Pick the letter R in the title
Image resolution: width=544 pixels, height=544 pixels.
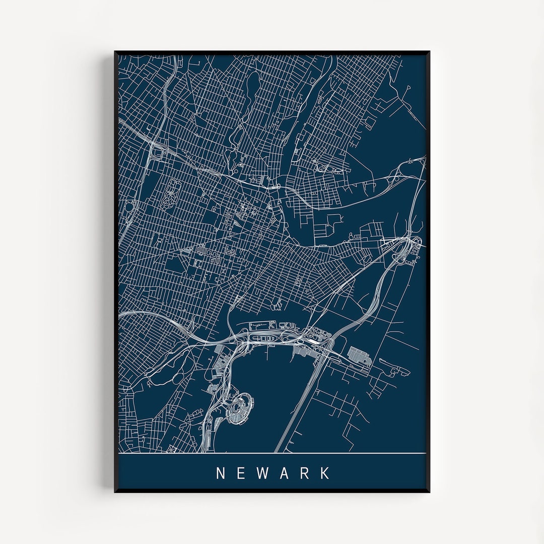[x=305, y=473]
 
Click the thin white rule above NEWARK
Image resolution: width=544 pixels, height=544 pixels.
[x=272, y=453]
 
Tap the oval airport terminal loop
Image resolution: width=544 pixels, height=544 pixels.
[x=239, y=407]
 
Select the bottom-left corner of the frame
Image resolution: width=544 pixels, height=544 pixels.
[x=115, y=491]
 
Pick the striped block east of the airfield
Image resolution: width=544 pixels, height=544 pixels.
[x=359, y=355]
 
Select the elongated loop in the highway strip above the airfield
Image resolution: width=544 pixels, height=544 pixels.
[x=262, y=338]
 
